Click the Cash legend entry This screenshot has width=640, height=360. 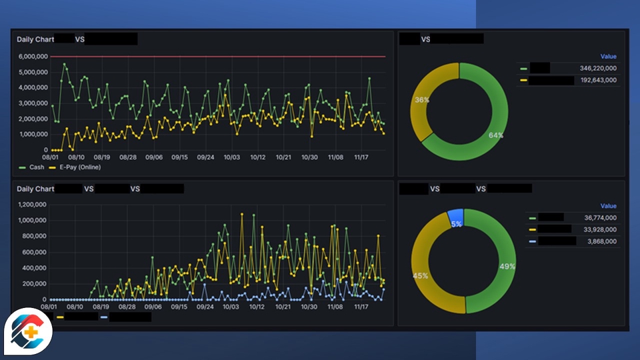click(33, 167)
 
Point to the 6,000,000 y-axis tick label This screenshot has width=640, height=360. click(32, 57)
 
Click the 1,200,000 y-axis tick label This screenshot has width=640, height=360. click(32, 205)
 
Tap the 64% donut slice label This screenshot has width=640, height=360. click(495, 135)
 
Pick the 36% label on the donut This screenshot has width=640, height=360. click(422, 100)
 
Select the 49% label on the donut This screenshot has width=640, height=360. click(507, 266)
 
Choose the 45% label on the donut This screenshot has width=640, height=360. click(420, 275)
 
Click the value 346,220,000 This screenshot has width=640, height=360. click(598, 68)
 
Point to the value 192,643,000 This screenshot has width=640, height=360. click(598, 80)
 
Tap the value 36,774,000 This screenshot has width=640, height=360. click(600, 217)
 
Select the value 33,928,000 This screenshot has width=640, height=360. click(600, 229)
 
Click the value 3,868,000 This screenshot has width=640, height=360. click(602, 241)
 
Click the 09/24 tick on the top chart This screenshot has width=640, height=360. click(205, 157)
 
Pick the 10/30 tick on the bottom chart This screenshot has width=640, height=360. click(309, 307)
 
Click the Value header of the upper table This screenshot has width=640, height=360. click(608, 57)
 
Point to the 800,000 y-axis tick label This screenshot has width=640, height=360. click(35, 236)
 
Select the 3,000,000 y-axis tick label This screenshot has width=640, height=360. click(32, 103)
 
